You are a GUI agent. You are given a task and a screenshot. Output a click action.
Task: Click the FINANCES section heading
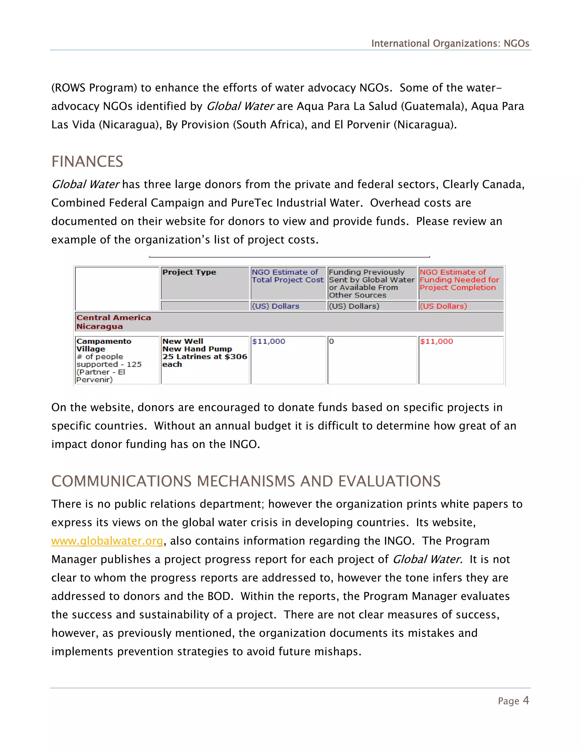(x=87, y=162)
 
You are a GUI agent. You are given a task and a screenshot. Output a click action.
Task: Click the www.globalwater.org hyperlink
(x=107, y=541)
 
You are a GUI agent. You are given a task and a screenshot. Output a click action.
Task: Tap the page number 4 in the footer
(x=526, y=701)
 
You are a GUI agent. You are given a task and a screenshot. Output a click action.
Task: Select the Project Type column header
(x=189, y=272)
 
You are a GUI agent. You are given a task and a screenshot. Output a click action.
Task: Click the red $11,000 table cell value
(x=436, y=341)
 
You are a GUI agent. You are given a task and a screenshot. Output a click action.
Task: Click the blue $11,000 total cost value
(x=268, y=341)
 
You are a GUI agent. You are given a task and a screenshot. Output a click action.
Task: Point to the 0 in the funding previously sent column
(x=331, y=341)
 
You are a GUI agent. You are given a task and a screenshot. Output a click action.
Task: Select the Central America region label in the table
(x=113, y=318)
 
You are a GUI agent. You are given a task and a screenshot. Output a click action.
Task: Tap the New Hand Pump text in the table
(x=197, y=349)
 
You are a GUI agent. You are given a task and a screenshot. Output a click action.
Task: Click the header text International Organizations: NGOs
(x=450, y=44)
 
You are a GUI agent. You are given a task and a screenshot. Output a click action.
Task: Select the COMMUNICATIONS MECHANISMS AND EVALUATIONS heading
(x=246, y=481)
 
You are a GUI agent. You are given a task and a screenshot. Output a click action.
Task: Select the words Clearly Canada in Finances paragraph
(x=483, y=185)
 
